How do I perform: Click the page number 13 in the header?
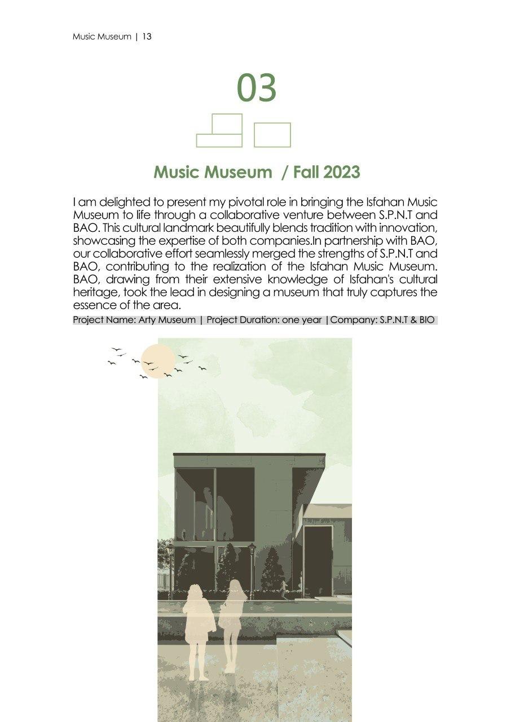coord(147,37)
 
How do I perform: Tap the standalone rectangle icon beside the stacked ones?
coord(272,135)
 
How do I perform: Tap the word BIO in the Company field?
coord(426,320)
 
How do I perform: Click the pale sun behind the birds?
coord(157,360)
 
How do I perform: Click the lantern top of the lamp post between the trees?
coord(252,549)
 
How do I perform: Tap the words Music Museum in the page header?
coord(102,37)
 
